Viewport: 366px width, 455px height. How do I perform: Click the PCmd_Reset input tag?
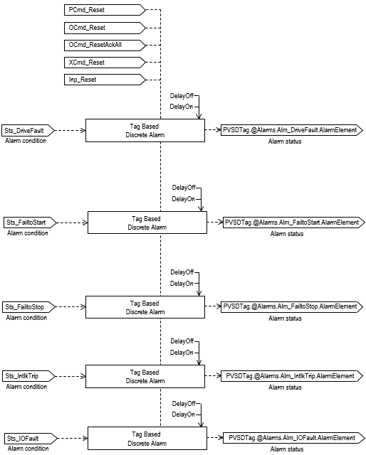point(104,11)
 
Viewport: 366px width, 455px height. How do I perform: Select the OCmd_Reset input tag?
point(104,28)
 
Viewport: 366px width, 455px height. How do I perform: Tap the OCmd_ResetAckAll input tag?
point(104,45)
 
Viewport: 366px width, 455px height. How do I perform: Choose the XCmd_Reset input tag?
point(104,63)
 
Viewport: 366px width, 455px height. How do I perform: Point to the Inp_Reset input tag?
point(104,80)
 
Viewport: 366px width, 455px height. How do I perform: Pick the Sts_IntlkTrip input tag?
point(26,375)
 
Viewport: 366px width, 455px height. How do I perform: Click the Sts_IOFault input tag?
point(26,438)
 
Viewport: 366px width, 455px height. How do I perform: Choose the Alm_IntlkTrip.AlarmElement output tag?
point(292,375)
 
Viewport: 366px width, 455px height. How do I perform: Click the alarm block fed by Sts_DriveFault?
point(145,130)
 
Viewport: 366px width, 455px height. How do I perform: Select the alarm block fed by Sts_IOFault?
point(147,438)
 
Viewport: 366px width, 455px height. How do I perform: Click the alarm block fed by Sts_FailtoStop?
point(145,307)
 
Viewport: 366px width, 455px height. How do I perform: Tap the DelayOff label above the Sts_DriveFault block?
point(182,95)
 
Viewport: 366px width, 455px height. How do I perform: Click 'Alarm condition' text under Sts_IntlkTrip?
point(26,387)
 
